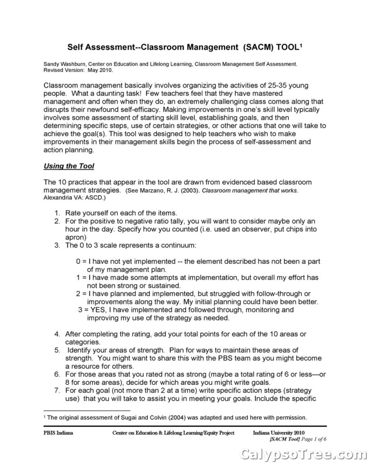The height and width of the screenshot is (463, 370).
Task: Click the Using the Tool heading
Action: click(x=69, y=166)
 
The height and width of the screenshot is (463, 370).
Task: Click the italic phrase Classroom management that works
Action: click(x=250, y=191)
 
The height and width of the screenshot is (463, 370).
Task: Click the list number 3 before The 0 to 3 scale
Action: click(x=57, y=245)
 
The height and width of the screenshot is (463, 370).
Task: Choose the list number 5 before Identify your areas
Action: click(x=57, y=350)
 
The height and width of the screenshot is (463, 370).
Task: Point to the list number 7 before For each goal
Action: click(x=57, y=390)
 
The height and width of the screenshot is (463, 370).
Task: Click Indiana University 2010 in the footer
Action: click(x=279, y=433)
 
